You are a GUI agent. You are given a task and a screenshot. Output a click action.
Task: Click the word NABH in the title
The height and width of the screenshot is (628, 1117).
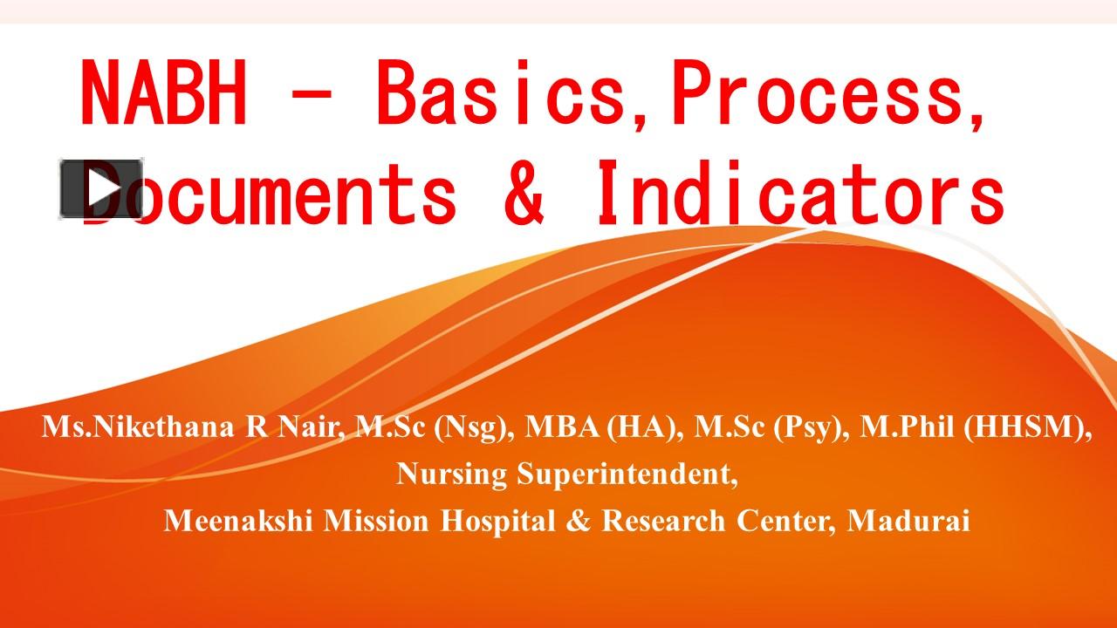pos(164,92)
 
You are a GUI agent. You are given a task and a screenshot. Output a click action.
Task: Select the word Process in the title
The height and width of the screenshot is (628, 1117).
pos(817,92)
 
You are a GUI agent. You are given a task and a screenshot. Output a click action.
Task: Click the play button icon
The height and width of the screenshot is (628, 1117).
pos(101,189)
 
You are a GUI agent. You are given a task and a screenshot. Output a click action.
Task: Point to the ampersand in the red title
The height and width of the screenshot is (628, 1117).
pos(524,193)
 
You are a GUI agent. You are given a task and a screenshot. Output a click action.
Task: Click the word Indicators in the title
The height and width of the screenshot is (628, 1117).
pos(800,193)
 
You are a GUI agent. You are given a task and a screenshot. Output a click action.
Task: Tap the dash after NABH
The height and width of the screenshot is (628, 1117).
pos(310,92)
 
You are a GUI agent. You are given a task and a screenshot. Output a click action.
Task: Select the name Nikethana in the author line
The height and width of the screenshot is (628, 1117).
pos(163,427)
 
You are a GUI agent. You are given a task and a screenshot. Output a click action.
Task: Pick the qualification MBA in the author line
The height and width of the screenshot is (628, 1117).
pos(561,427)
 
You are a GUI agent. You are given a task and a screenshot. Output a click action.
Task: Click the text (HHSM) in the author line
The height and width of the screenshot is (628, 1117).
pos(1024,427)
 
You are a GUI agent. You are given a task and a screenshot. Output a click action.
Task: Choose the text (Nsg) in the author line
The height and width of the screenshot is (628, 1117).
pos(470,427)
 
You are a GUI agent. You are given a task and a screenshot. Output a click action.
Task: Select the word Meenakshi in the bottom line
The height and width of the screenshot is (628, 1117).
pos(238,521)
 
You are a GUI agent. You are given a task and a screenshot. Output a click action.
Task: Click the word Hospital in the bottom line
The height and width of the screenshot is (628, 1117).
pos(497,521)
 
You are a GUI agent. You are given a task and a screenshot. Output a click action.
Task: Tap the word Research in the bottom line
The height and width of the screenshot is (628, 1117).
pos(663,521)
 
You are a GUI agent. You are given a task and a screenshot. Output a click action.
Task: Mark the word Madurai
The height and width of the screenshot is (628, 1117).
pos(908,521)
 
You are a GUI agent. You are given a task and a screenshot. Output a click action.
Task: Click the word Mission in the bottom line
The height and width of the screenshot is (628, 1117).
pos(376,521)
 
